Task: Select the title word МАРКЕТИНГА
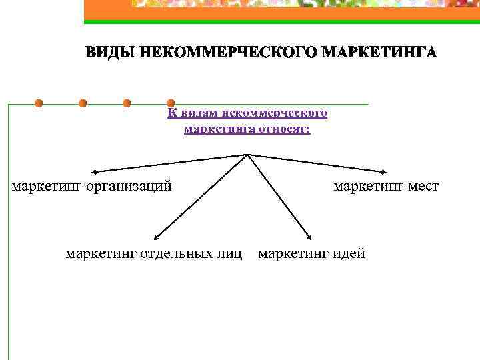377,53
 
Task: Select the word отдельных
177,253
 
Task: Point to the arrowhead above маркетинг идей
310,236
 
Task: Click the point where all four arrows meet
247,155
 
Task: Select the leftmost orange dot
39,103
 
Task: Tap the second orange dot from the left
83,103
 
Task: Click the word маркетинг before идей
290,253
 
